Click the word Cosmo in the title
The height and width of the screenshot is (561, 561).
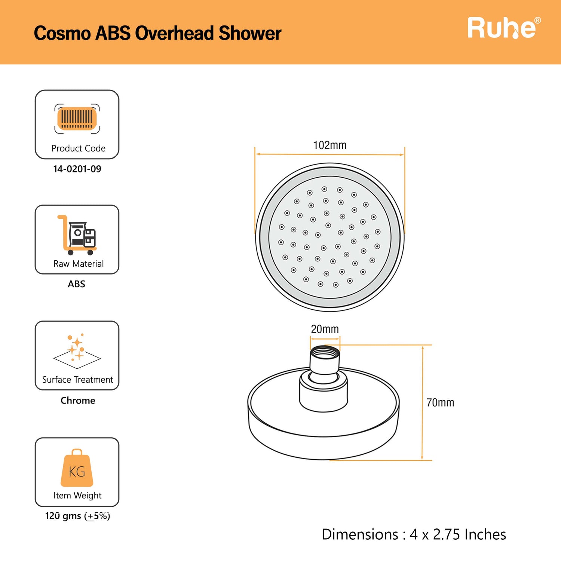(62, 33)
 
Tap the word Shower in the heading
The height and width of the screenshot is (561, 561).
(250, 33)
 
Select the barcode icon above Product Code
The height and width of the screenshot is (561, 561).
(77, 119)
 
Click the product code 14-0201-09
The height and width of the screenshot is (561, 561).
(77, 169)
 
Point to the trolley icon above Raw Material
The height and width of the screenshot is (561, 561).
(77, 235)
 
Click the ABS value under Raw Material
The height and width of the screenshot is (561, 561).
(76, 284)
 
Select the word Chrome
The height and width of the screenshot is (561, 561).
(78, 401)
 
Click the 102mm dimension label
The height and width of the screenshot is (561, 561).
(329, 145)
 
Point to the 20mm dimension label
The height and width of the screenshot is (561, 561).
(325, 329)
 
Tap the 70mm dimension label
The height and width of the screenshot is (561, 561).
(440, 403)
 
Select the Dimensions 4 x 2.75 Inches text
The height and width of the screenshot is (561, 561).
(414, 534)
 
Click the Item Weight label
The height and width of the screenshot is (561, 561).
(77, 496)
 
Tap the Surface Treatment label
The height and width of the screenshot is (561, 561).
(77, 380)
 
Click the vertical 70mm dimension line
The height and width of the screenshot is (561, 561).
(422, 403)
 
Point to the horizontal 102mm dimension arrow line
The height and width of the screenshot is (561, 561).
(329, 154)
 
